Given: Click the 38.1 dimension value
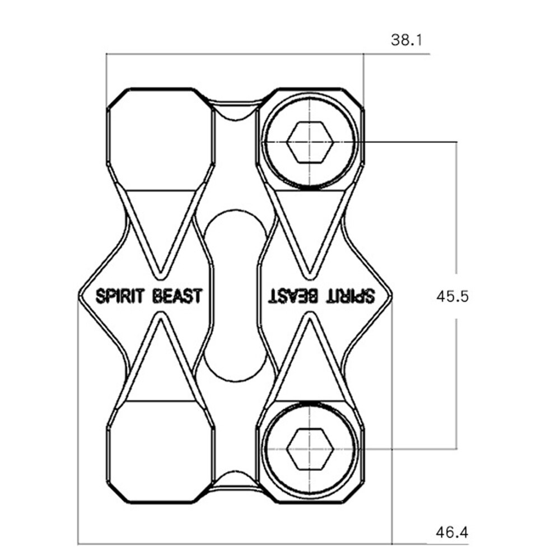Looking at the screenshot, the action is point(407,40).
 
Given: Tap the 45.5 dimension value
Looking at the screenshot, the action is point(452,296).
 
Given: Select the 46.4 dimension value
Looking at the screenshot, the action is point(452,533).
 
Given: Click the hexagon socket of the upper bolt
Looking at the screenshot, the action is point(310,142).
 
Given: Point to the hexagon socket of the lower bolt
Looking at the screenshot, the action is point(310,448).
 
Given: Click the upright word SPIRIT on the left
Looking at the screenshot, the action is point(120,296).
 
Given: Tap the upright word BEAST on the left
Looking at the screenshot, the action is point(177,296).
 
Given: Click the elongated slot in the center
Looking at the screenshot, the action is point(235,296).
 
